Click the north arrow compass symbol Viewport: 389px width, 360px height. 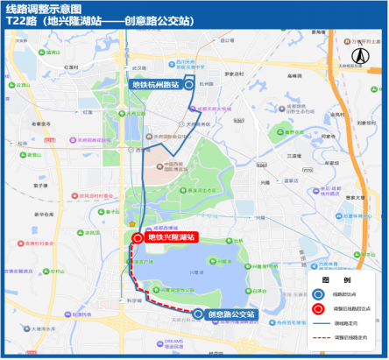[358, 55]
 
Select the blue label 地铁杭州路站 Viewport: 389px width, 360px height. [155, 84]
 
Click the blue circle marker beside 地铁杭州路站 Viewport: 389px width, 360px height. [188, 85]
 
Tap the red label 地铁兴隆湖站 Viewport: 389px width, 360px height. [171, 236]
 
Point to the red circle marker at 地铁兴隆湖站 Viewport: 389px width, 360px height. [138, 237]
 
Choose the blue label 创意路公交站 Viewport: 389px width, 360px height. [231, 314]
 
